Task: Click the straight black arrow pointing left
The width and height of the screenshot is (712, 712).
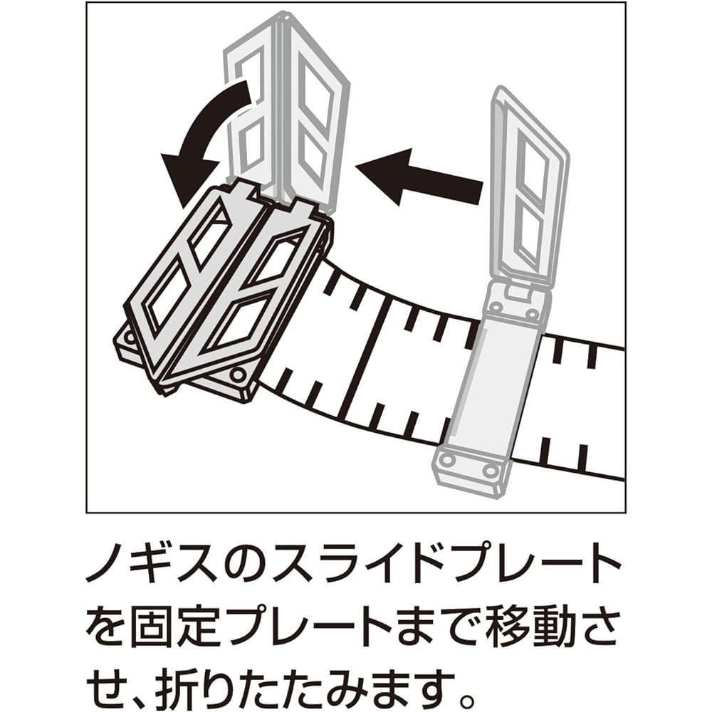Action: pyautogui.click(x=418, y=177)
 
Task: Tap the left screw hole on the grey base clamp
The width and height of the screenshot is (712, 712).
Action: pyautogui.click(x=447, y=461)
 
